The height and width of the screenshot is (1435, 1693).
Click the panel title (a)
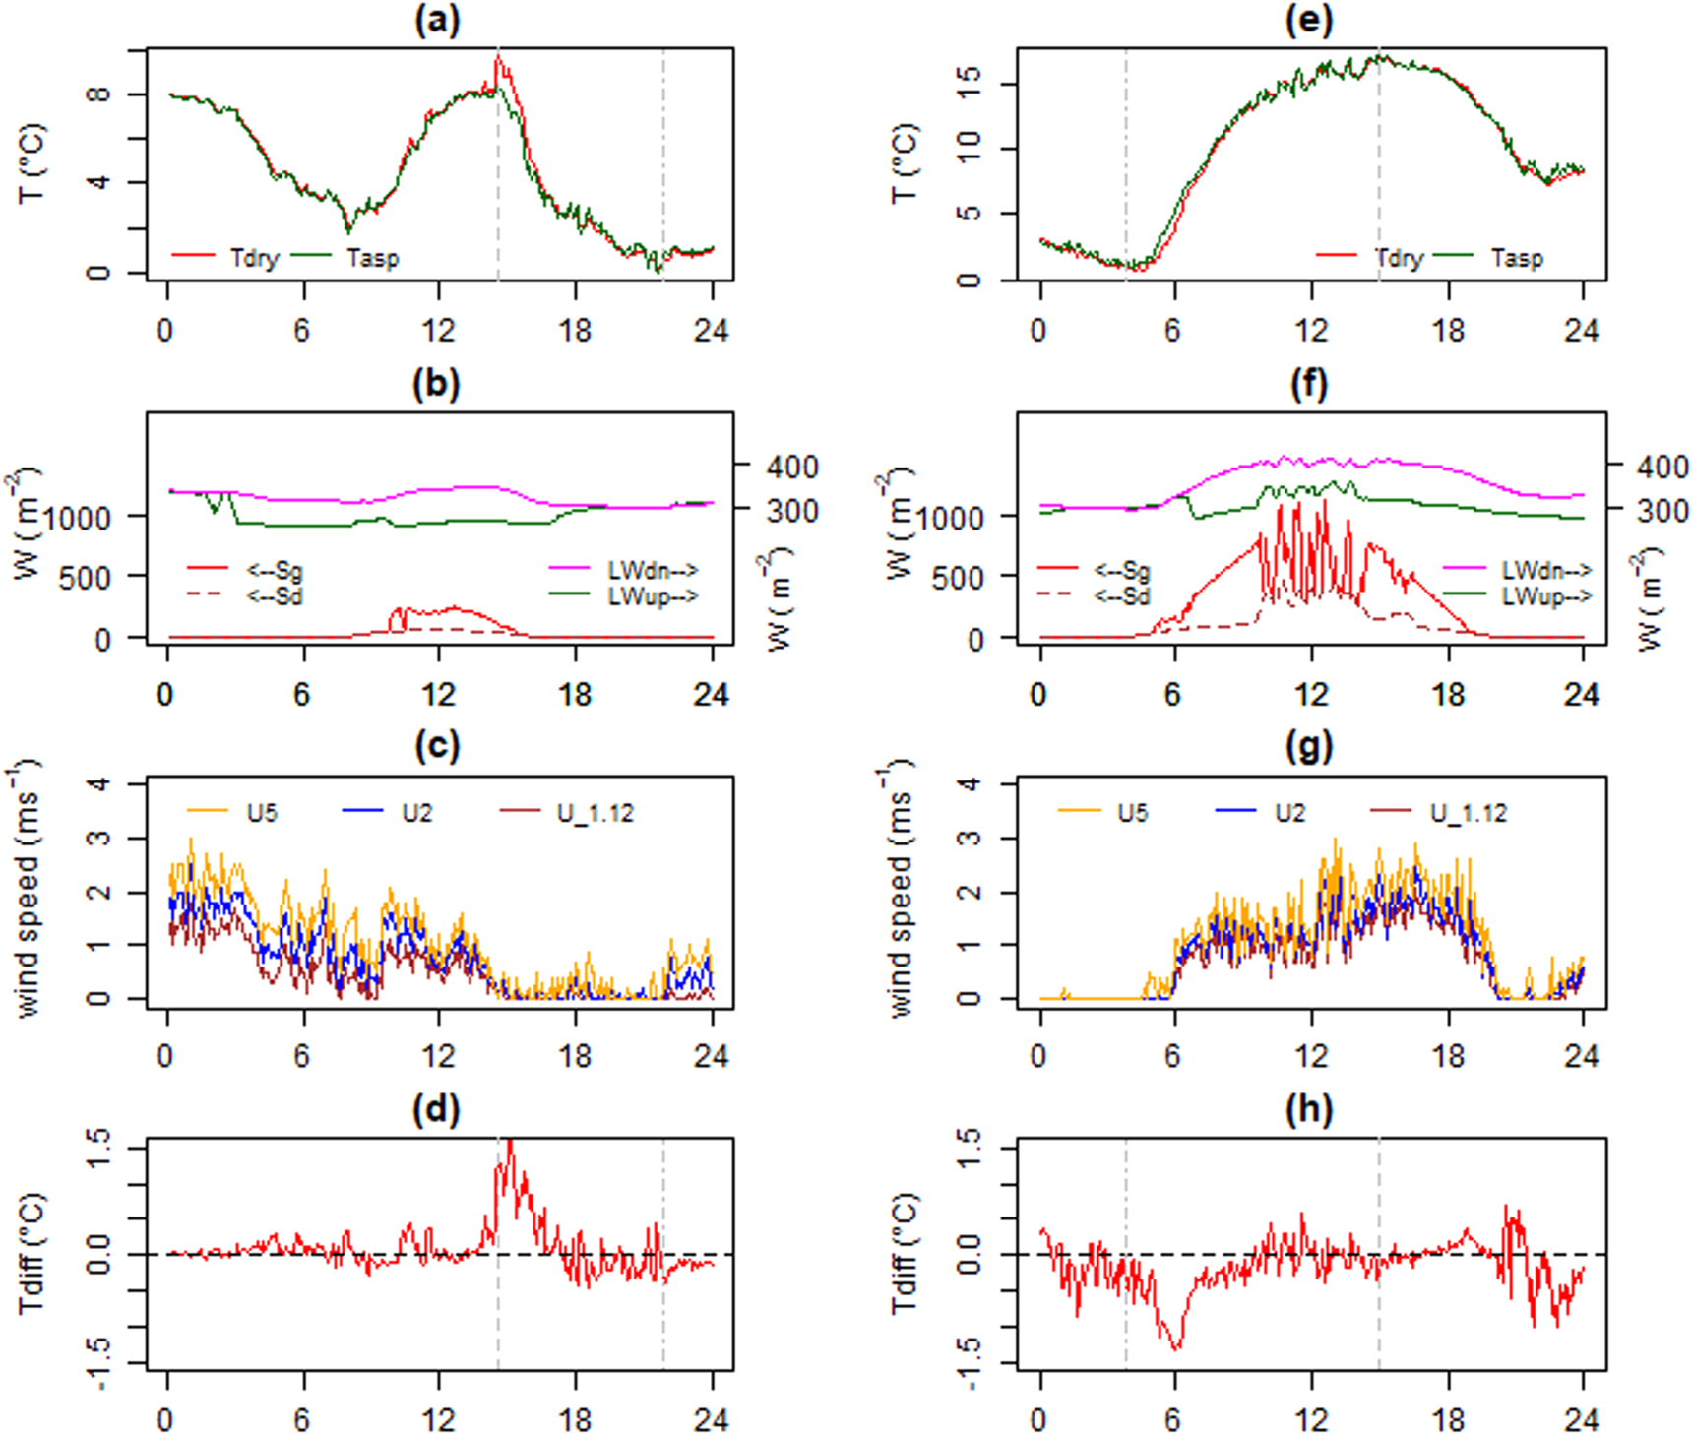tap(436, 21)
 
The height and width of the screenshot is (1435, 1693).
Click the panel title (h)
tap(1308, 1109)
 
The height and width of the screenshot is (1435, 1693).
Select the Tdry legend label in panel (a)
tap(254, 258)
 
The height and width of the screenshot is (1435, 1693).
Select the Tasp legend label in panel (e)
tap(1517, 258)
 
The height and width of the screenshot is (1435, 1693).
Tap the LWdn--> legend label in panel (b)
tap(653, 570)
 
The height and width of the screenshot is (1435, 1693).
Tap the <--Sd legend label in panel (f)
tap(1123, 595)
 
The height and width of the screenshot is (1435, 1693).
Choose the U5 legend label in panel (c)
tap(262, 813)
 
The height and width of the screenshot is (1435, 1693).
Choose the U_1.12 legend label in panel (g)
tap(1468, 813)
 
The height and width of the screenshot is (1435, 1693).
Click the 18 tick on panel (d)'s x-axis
tap(575, 1419)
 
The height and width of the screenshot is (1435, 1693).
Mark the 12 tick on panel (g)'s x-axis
tap(1310, 1055)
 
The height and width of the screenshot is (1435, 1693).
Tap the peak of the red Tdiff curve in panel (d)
tap(510, 1142)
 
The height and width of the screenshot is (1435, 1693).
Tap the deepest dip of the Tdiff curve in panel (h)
tap(1176, 1348)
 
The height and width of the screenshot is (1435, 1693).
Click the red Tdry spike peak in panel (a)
tap(499, 56)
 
